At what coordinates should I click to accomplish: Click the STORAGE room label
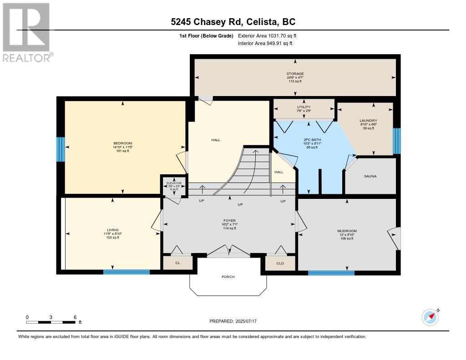point(295,74)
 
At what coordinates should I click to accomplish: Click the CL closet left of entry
point(177,263)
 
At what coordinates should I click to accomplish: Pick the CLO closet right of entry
point(280,263)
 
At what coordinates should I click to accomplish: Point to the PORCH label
point(228,277)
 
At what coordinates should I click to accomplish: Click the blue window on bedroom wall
point(60,149)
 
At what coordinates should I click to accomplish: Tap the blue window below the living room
point(126,272)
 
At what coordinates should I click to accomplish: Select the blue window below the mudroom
point(331,273)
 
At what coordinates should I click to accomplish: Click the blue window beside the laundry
point(397,141)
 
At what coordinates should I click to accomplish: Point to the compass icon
point(430,317)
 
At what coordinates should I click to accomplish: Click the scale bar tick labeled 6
point(75,317)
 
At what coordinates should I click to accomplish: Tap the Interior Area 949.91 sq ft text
point(265,44)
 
